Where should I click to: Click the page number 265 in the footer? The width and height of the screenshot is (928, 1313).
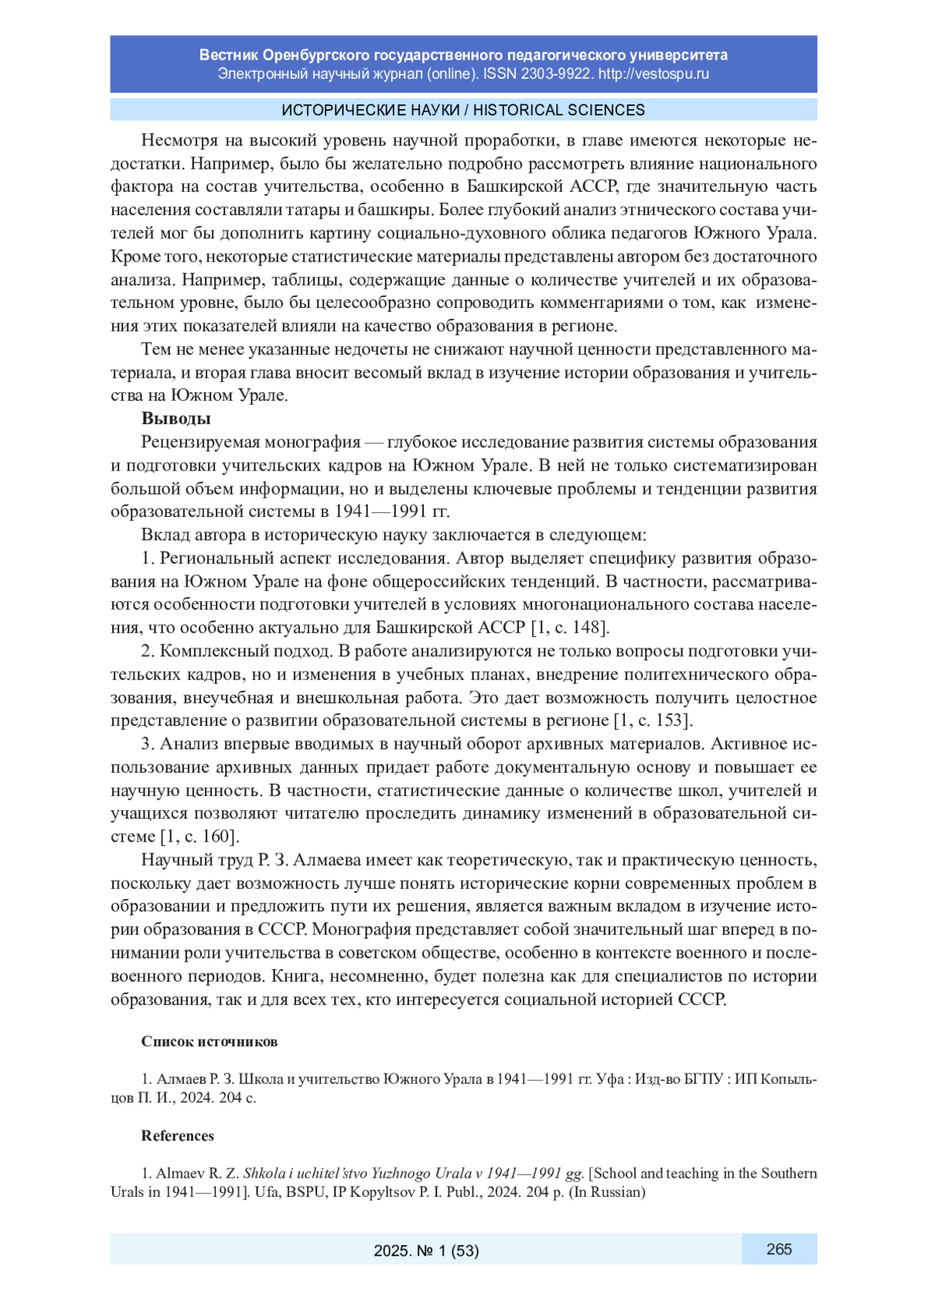click(x=779, y=1249)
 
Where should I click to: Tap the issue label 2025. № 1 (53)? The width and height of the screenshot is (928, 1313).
click(x=426, y=1250)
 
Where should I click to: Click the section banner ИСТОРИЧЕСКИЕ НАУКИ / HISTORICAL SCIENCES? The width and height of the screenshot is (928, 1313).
click(x=463, y=110)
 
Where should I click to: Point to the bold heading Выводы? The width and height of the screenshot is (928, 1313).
click(x=176, y=419)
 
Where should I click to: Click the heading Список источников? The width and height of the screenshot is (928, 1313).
click(x=209, y=1041)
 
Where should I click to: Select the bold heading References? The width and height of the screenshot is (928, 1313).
click(x=177, y=1136)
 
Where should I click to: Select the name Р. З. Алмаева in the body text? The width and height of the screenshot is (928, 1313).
click(x=296, y=860)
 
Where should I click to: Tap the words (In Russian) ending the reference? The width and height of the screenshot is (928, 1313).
click(x=607, y=1192)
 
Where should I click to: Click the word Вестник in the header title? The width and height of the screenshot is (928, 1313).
click(x=228, y=55)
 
